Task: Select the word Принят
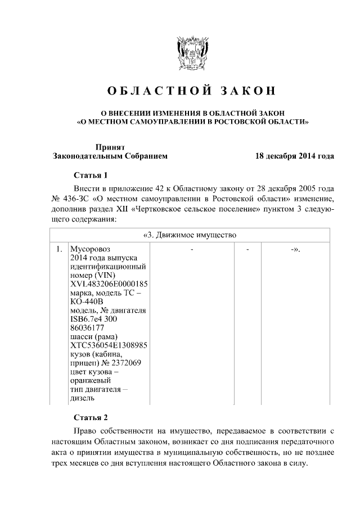pyautogui.click(x=110, y=146)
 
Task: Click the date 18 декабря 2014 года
pyautogui.click(x=294, y=156)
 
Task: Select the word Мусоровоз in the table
pyautogui.click(x=88, y=248)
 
